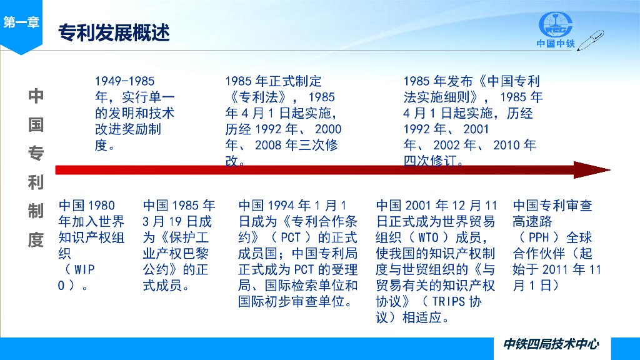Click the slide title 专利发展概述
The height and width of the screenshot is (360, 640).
[x=114, y=32]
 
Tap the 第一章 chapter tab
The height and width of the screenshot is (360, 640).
[x=21, y=22]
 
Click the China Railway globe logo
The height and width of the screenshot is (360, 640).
[x=556, y=25]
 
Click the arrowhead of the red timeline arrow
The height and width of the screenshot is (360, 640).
[x=592, y=170]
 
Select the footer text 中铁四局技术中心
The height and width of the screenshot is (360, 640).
[x=551, y=344]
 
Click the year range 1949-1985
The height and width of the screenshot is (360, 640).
[x=125, y=81]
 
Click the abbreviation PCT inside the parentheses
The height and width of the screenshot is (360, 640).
[x=291, y=237]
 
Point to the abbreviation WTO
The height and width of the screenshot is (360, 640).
[x=428, y=237]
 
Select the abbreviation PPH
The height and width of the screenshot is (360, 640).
[x=539, y=237]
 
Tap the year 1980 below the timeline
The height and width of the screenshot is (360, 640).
[x=101, y=205]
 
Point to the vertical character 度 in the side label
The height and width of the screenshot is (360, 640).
[x=36, y=240]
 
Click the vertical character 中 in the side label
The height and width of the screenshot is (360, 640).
[x=36, y=96]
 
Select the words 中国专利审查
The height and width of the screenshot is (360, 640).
[x=552, y=205]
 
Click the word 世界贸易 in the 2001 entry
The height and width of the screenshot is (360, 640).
[x=469, y=222]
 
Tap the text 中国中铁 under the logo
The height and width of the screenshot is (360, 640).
[x=556, y=43]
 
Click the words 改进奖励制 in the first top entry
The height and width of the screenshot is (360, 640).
[x=128, y=129]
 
